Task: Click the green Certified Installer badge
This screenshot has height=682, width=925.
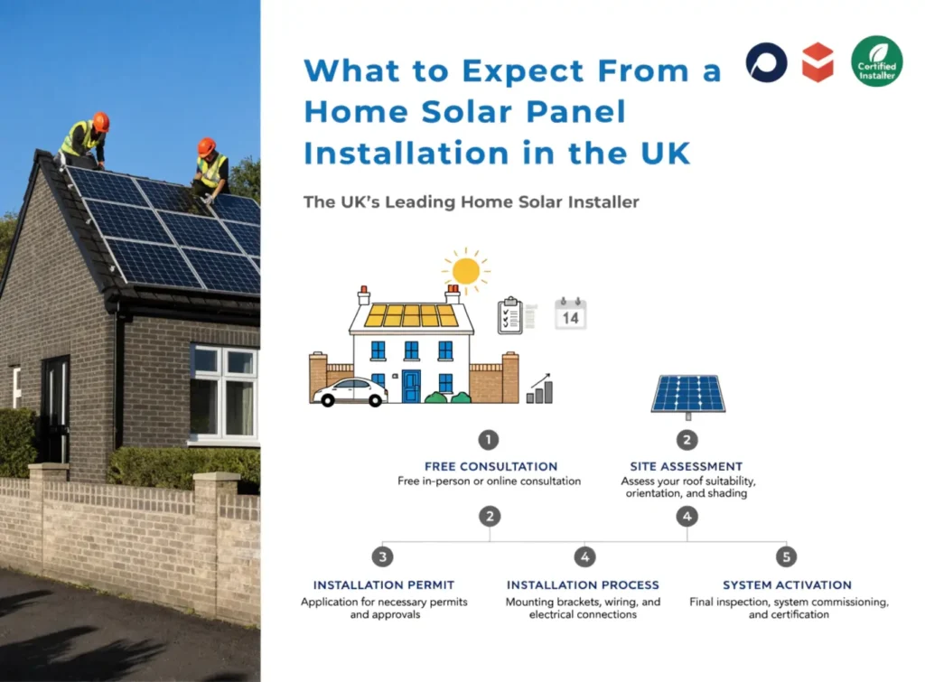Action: point(876,61)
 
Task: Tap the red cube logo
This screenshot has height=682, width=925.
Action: point(818,62)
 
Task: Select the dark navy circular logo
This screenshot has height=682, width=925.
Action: point(766,62)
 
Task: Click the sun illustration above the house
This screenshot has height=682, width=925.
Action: point(466,270)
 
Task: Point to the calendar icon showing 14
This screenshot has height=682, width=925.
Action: point(571,313)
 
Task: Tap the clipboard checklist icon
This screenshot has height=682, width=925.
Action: point(510,314)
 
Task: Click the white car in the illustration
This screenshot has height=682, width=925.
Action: point(350,391)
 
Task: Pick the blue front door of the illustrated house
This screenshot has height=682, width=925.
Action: point(412,386)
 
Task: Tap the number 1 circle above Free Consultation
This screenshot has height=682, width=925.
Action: point(489,440)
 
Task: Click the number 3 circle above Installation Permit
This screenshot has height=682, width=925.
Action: point(383,556)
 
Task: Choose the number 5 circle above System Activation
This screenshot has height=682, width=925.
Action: point(786,556)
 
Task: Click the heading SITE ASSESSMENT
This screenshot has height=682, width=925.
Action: point(687,466)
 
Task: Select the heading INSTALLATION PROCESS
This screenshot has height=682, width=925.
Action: point(583,584)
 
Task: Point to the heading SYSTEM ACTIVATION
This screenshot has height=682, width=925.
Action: point(787,584)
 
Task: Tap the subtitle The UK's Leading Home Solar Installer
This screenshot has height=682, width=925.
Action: point(471,201)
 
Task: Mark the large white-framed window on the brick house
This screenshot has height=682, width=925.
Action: point(224,394)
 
